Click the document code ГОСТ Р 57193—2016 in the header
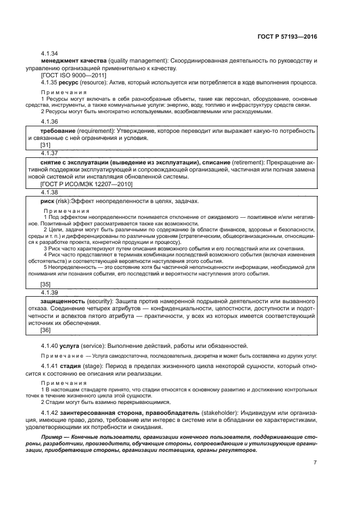click(x=286, y=36)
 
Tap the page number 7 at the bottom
click(x=315, y=462)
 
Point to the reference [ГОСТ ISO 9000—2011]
click(x=74, y=75)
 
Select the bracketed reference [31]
click(x=46, y=146)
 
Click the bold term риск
click(x=48, y=201)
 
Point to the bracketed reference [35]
click(x=46, y=284)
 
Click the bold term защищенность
click(x=63, y=301)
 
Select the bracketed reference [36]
click(x=46, y=330)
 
